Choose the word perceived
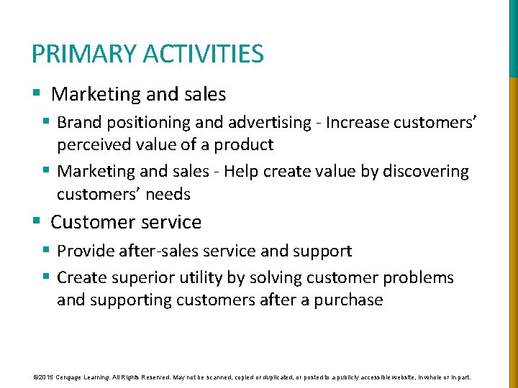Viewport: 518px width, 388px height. tap(91, 145)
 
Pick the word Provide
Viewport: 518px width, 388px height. tap(83, 251)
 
